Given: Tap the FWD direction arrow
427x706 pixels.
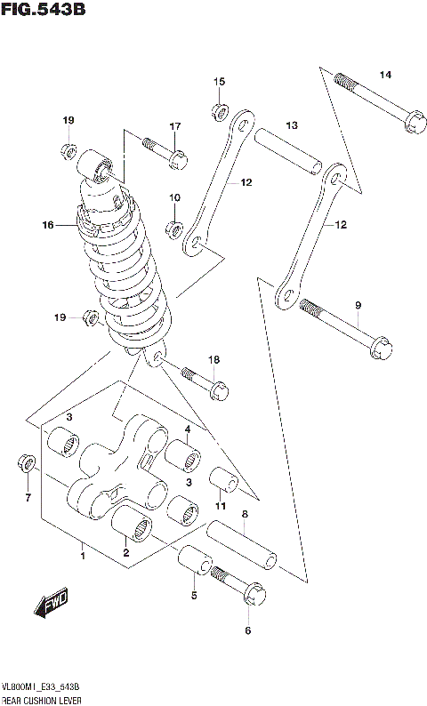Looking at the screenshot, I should [x=52, y=606].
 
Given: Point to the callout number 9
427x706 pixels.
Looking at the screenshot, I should [x=358, y=306].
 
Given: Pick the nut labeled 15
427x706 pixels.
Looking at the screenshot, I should [x=218, y=111].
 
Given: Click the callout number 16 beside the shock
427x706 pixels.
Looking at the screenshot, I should [x=47, y=226].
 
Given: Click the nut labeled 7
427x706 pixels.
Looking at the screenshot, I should [x=27, y=464].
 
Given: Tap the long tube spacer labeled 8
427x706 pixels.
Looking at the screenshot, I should [x=242, y=544].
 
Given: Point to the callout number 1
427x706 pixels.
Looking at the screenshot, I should [x=82, y=557].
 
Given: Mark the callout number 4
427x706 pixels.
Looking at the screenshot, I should [x=188, y=430].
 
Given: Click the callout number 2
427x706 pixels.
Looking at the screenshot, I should [x=125, y=553].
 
